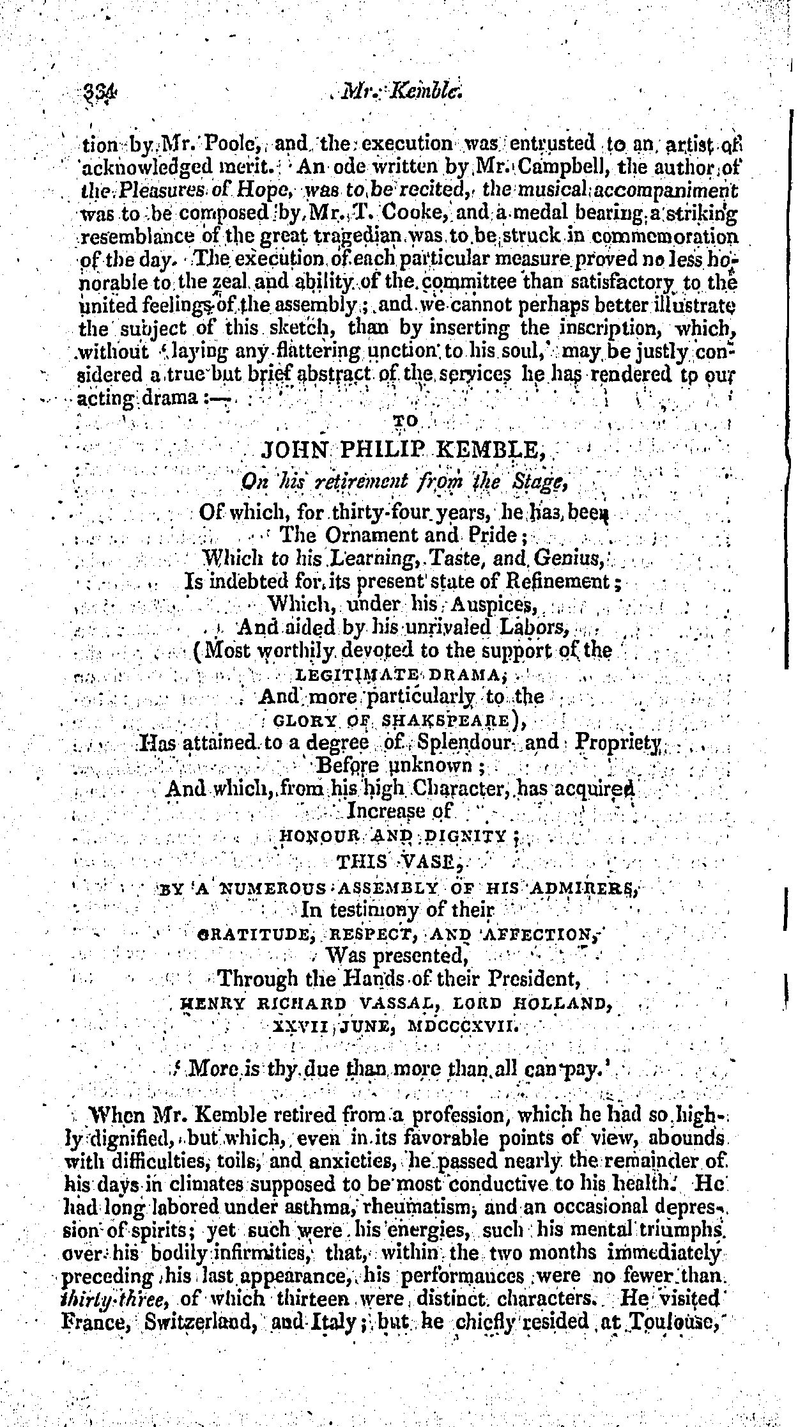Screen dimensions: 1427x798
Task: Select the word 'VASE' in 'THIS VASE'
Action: click(433, 861)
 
